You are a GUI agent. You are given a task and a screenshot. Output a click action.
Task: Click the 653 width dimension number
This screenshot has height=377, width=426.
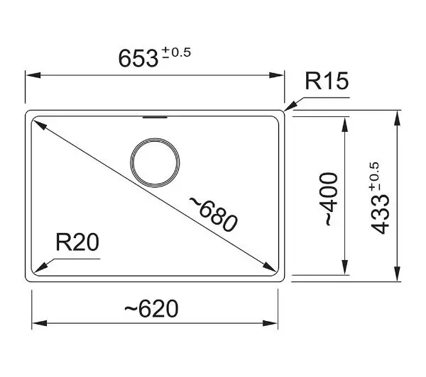[x=138, y=58]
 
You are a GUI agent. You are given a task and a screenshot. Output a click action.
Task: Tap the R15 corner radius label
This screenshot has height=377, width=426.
[x=327, y=81]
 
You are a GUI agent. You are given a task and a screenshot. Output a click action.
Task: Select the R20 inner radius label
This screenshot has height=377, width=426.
[x=77, y=242]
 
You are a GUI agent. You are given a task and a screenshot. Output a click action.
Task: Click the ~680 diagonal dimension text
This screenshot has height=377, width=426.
[x=214, y=215]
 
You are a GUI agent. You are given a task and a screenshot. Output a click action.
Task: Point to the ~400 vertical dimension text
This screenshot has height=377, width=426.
[x=332, y=199]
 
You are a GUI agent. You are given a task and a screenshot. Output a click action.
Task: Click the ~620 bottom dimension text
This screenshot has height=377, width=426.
[x=151, y=309]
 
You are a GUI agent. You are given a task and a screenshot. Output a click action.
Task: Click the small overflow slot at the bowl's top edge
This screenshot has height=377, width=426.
[x=155, y=117]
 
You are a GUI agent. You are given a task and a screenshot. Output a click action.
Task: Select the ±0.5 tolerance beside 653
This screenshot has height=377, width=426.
[x=176, y=52]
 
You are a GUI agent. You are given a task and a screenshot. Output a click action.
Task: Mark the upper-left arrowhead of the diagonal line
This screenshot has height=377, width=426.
[x=39, y=125]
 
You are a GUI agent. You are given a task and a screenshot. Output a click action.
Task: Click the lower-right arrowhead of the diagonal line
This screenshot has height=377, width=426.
[x=270, y=266]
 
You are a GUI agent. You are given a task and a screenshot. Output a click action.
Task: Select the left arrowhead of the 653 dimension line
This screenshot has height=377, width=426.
[x=33, y=75]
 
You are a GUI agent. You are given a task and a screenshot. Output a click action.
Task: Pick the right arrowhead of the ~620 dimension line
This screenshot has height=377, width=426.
[x=271, y=323]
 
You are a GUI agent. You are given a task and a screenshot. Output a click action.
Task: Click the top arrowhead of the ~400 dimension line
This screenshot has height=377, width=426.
[x=345, y=124]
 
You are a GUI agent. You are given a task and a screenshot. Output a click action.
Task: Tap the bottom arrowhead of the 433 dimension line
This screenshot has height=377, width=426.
[x=398, y=274]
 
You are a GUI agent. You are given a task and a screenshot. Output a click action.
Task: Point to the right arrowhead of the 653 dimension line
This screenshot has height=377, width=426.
[x=277, y=75]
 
